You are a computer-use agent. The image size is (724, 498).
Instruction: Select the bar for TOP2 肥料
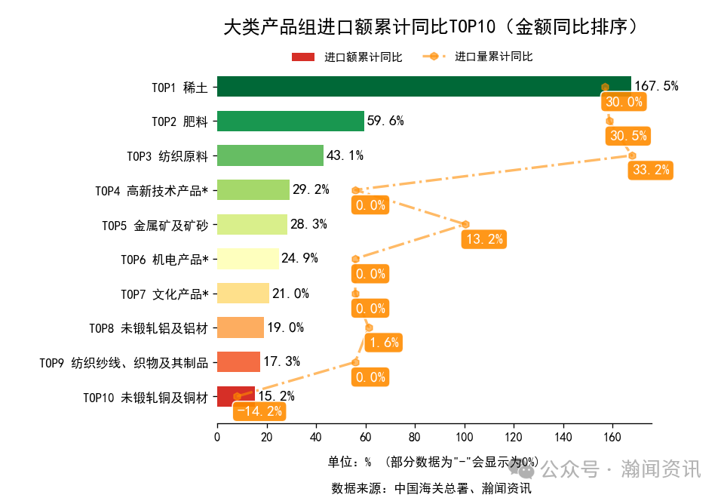click(x=290, y=121)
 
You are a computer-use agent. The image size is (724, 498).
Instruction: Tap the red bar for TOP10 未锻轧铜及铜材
click(x=226, y=396)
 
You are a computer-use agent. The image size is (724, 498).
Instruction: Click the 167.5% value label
click(x=656, y=86)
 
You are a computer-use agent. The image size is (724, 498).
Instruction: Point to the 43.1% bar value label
click(x=345, y=155)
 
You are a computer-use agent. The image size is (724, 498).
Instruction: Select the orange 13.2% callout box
click(x=484, y=239)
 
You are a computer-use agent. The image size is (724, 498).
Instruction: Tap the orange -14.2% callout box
click(x=259, y=411)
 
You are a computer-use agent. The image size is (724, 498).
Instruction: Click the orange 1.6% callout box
click(x=384, y=343)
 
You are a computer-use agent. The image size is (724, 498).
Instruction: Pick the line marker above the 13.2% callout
click(x=465, y=224)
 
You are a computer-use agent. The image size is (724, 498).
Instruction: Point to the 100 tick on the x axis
click(x=464, y=436)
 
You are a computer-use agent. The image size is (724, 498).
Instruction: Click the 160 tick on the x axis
click(x=612, y=436)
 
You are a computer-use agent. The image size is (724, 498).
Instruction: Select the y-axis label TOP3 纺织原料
click(x=167, y=156)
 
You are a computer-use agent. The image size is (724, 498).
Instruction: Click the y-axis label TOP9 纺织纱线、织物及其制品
click(x=124, y=363)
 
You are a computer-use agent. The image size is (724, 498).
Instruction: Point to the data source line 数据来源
click(x=431, y=488)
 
